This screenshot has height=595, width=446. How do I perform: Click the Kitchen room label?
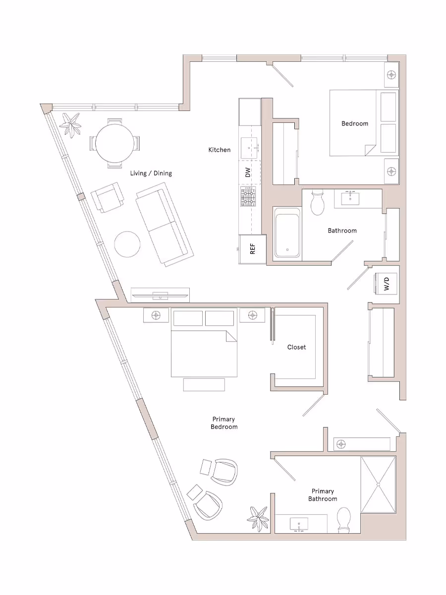[x=219, y=150]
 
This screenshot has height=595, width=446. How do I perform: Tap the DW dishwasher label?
[x=248, y=173]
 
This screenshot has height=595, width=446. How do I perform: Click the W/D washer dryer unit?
[x=386, y=284]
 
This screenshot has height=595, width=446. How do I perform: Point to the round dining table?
[x=114, y=143]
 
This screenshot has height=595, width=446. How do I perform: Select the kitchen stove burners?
[x=249, y=197]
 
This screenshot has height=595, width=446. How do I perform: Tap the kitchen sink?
[x=249, y=147]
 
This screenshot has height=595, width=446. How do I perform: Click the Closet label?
[x=296, y=347]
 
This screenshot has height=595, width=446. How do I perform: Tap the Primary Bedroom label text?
[x=224, y=423]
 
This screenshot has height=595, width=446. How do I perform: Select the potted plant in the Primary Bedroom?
[x=258, y=517]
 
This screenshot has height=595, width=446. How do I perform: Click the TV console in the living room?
[x=160, y=295]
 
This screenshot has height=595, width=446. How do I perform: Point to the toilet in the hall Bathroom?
[x=316, y=201]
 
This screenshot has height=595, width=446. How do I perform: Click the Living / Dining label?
[x=151, y=173]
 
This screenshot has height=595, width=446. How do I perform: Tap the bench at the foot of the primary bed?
[x=204, y=384]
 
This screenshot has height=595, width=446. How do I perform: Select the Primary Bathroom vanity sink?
[x=299, y=524]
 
